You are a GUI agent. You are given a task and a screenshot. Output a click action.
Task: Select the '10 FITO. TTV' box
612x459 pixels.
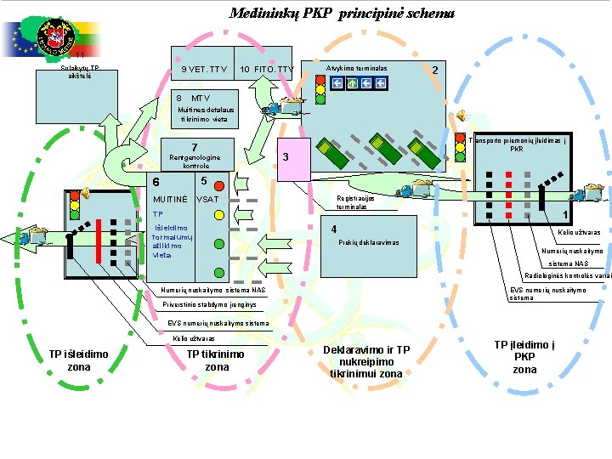(x=267, y=69)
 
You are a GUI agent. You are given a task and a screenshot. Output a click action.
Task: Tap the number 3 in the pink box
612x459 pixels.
(x=286, y=157)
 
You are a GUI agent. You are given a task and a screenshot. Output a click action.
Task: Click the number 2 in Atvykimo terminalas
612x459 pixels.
(x=436, y=70)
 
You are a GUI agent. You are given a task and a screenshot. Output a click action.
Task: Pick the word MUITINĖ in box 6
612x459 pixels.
(x=169, y=199)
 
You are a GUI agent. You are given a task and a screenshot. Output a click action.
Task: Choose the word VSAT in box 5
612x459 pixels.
(x=207, y=199)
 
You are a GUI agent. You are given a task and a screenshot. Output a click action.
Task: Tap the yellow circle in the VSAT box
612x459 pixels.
(x=217, y=227)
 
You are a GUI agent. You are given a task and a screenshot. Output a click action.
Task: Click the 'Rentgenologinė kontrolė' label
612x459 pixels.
(x=195, y=161)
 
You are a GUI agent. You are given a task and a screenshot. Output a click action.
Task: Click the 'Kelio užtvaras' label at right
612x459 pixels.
(x=579, y=232)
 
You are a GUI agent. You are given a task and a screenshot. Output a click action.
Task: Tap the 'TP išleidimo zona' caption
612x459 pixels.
(x=79, y=360)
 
